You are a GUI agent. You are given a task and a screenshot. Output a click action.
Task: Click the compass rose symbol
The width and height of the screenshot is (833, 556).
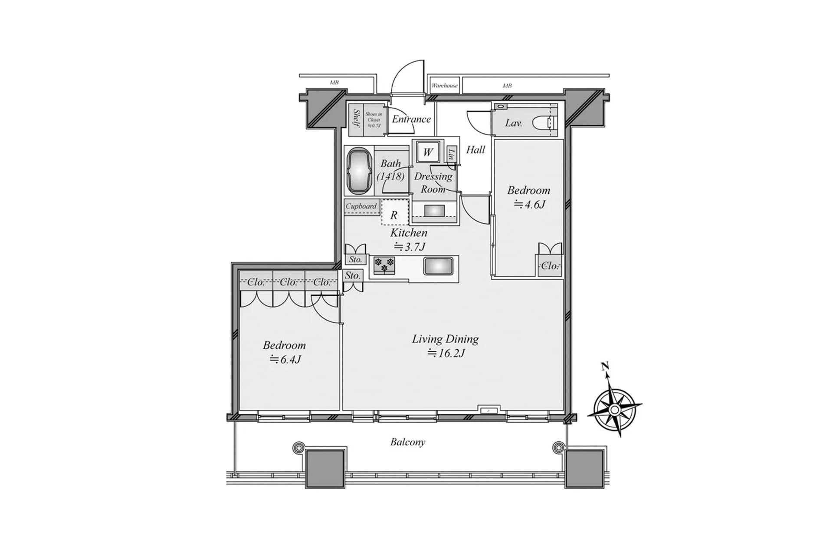(614, 409)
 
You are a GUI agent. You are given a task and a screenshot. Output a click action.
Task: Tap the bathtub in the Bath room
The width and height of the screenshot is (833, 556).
(359, 171)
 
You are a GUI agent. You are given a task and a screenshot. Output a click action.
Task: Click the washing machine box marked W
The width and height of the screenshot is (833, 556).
(427, 152)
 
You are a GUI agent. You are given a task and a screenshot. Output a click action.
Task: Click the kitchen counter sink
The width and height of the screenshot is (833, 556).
(438, 266)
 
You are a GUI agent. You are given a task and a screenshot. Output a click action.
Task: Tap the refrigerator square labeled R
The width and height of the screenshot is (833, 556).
(394, 215)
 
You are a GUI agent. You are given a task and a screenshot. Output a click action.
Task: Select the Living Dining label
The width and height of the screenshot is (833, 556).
(445, 339)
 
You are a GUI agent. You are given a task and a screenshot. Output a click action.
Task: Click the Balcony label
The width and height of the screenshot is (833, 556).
(407, 442)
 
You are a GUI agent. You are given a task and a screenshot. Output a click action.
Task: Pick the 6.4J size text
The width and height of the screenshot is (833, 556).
(285, 360)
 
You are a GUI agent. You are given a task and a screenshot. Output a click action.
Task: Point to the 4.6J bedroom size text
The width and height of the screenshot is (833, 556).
(529, 204)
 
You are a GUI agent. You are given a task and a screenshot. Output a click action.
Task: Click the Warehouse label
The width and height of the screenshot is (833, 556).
(444, 86)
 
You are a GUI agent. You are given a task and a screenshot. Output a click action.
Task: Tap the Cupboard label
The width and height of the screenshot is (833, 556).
(361, 206)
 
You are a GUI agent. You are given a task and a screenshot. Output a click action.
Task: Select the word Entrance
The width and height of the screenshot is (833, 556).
(411, 119)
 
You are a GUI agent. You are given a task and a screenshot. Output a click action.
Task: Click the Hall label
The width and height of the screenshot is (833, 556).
(476, 150)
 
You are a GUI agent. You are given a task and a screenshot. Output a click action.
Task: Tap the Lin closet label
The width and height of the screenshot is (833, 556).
(452, 154)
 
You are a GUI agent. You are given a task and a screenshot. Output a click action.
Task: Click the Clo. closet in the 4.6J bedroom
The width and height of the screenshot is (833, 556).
(549, 266)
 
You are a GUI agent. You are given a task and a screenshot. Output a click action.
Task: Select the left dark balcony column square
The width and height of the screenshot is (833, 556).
(325, 468)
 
